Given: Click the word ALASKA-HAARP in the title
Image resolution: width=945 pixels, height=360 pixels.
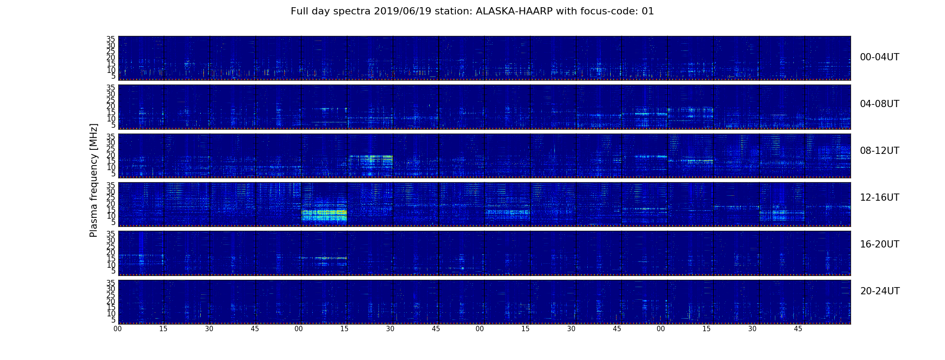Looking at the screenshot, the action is (x=514, y=11).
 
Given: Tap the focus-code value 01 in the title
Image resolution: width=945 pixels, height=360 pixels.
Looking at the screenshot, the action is (x=648, y=11).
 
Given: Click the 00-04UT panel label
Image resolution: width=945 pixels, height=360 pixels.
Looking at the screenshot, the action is (x=880, y=57).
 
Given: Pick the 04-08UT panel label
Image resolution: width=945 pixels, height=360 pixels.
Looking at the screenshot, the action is (x=880, y=104).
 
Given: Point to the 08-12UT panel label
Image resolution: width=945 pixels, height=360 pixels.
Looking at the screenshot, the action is (x=880, y=151).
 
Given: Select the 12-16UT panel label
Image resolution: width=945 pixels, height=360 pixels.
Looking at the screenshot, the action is (x=880, y=198).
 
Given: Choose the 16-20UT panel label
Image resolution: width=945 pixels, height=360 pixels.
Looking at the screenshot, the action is (x=880, y=244).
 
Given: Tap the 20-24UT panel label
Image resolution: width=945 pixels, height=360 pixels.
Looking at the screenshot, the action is (x=880, y=291).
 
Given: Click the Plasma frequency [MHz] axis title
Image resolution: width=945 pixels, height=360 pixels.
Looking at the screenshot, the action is (x=94, y=180).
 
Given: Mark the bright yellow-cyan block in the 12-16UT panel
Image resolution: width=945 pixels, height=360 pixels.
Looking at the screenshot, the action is (x=324, y=215).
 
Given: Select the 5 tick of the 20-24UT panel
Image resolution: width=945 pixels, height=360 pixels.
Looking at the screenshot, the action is (x=113, y=320).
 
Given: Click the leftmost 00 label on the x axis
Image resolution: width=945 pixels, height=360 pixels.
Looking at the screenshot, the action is (x=117, y=329).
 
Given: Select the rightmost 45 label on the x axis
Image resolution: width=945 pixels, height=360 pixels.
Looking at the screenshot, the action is (x=798, y=329).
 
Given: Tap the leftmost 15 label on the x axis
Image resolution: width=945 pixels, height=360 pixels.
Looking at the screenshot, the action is (x=163, y=329).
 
